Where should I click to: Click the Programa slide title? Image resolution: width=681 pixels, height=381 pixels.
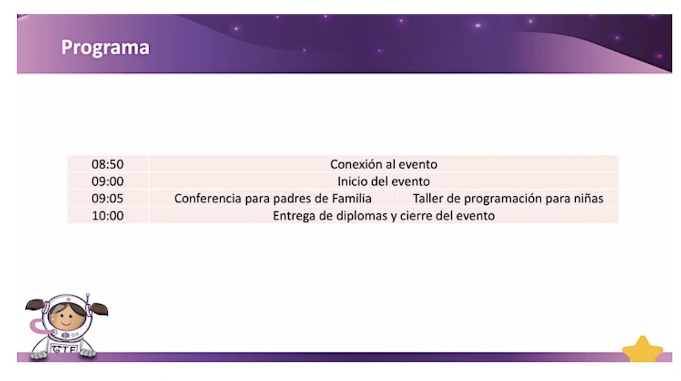105,47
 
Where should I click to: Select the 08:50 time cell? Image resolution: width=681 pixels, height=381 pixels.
107,165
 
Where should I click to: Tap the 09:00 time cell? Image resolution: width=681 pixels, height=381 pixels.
107,182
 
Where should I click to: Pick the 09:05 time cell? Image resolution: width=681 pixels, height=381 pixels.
107,199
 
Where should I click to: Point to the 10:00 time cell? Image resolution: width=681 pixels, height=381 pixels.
107,216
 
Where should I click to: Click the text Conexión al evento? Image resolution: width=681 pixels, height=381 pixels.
384,165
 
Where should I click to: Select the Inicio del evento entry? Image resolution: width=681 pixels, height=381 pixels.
384,182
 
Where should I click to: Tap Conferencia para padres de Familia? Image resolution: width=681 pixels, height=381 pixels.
273,199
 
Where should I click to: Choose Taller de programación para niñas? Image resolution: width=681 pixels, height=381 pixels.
508,199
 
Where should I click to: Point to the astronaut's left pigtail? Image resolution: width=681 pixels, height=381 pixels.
35,304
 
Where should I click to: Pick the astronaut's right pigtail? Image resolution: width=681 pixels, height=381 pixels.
99,309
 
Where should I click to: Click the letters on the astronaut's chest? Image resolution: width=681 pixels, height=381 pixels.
64,348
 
